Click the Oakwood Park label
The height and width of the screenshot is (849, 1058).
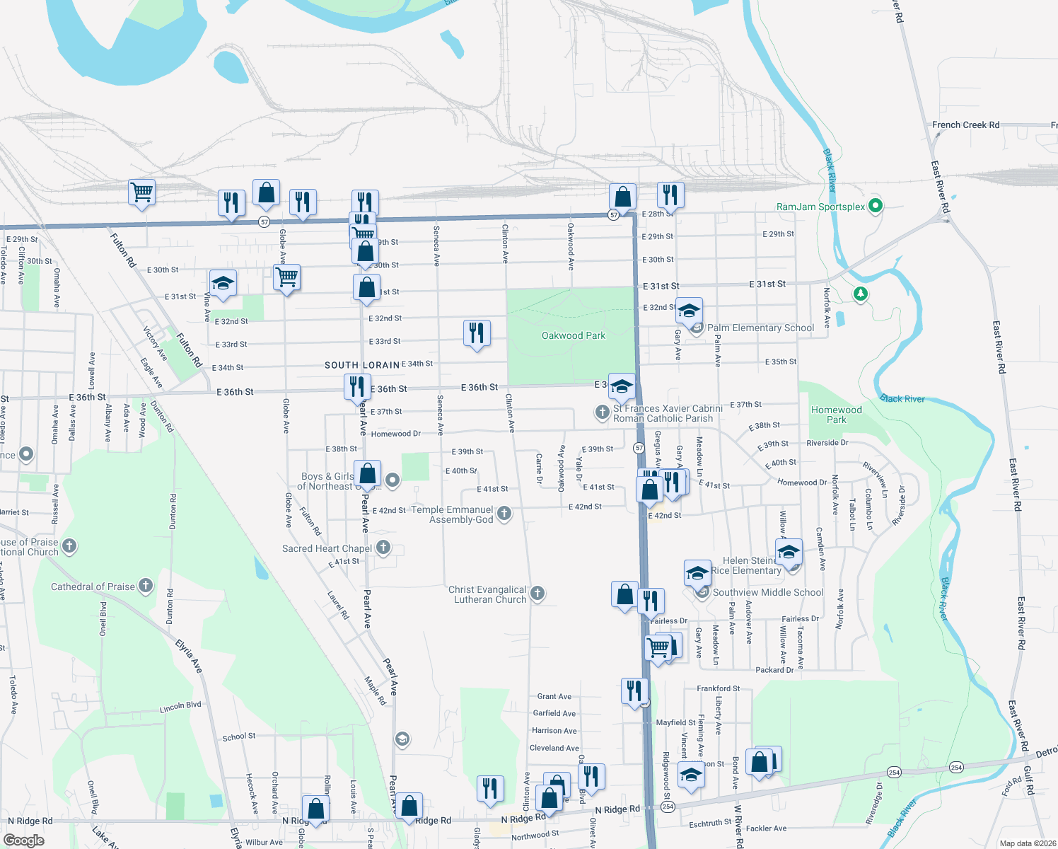tap(573, 336)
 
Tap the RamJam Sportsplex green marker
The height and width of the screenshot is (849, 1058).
tap(876, 207)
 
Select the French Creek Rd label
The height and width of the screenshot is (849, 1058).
tap(965, 125)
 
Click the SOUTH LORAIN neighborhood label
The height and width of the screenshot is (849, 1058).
tap(361, 365)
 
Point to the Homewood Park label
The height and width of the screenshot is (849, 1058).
tap(836, 415)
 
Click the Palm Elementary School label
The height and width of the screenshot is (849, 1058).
tap(760, 328)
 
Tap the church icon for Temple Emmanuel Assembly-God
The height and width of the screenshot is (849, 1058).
tap(504, 514)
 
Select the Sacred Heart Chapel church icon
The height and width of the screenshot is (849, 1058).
tap(383, 547)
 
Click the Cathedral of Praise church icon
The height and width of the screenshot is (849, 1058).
tap(146, 586)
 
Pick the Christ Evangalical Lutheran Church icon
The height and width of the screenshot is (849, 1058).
tap(537, 594)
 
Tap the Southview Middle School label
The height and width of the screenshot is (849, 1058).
tap(767, 593)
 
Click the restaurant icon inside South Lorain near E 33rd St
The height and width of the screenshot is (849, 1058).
tap(477, 333)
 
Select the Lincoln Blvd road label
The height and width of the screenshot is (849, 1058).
tap(180, 707)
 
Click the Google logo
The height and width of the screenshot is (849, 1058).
tap(23, 841)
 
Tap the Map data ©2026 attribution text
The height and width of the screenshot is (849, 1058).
tap(1027, 843)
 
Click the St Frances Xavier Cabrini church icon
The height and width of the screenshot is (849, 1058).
tap(602, 412)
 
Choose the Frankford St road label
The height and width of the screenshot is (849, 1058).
tap(718, 688)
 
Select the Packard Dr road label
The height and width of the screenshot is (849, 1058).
tap(774, 670)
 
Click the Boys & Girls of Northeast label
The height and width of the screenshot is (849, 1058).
tap(326, 481)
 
